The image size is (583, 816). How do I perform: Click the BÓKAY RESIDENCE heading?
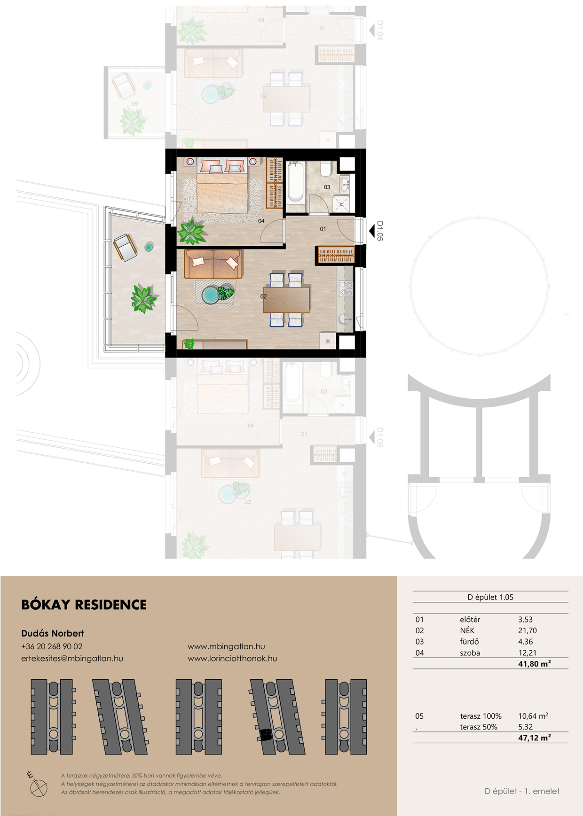(x=84, y=605)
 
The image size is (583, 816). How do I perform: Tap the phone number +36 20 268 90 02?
(x=52, y=646)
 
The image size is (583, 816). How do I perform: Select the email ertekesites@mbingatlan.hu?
(x=72, y=659)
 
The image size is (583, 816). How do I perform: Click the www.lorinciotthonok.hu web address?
(x=232, y=659)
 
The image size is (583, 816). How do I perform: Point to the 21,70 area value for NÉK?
(x=527, y=630)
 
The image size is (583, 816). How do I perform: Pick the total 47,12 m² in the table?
(x=534, y=738)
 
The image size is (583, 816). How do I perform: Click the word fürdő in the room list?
(x=469, y=641)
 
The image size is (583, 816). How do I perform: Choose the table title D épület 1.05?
(x=490, y=597)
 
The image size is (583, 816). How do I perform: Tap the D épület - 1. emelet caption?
(x=522, y=791)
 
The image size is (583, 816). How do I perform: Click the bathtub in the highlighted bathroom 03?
(x=295, y=182)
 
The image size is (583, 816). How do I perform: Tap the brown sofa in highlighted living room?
(x=213, y=264)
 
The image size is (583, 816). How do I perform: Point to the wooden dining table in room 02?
(x=286, y=300)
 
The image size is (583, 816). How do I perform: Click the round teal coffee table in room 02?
(x=211, y=295)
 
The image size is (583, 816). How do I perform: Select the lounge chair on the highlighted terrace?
(x=125, y=247)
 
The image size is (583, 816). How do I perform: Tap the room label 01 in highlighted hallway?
(x=323, y=229)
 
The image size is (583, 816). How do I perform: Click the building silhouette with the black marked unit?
(x=276, y=716)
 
